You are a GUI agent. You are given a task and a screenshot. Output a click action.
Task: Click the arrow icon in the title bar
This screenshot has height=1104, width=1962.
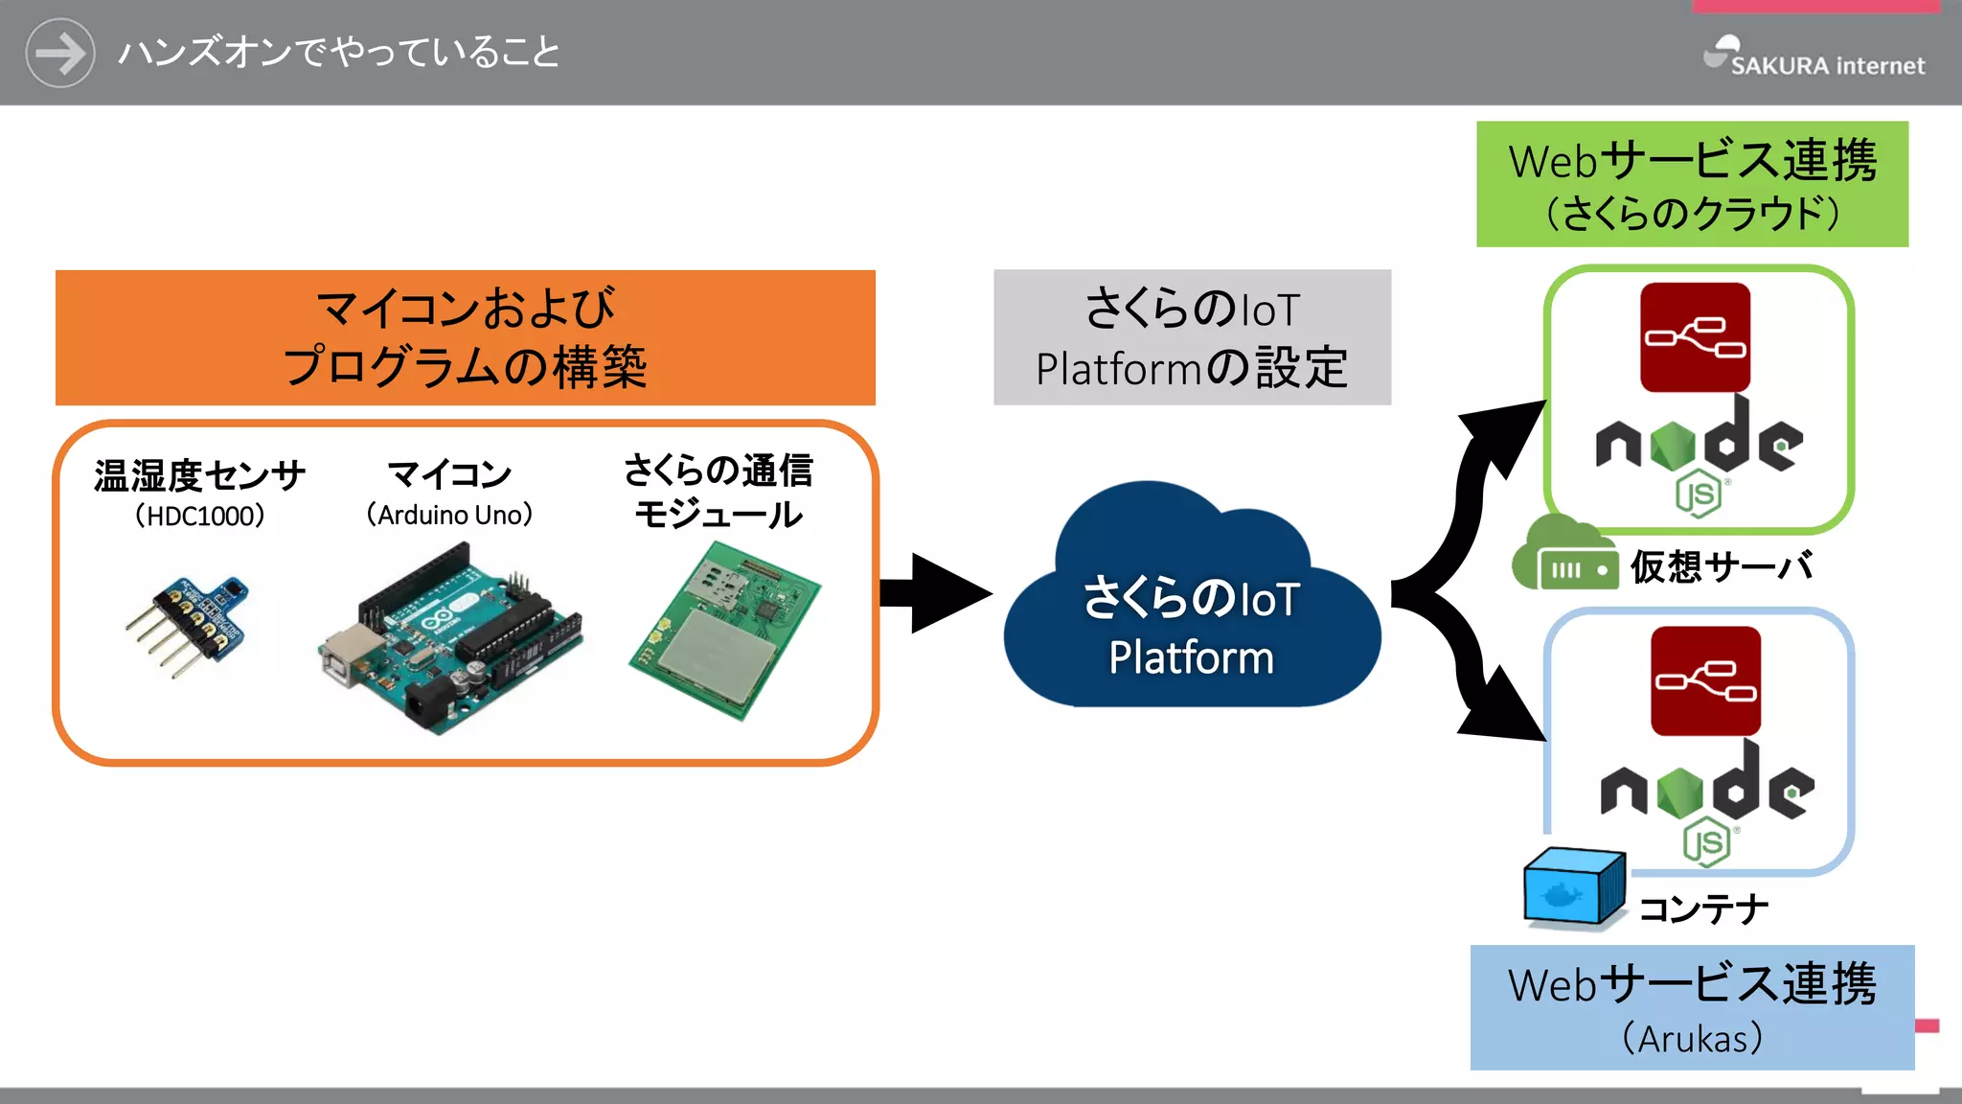[x=59, y=53]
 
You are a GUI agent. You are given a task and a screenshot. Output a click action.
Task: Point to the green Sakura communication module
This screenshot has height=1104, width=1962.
[x=725, y=631]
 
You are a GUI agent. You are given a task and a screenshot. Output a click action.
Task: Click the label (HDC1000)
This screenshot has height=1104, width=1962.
[x=199, y=517]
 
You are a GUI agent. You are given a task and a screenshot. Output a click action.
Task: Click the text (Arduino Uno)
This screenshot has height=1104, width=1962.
[x=449, y=515]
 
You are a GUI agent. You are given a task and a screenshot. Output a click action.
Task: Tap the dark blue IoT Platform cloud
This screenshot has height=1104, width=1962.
[x=1191, y=613]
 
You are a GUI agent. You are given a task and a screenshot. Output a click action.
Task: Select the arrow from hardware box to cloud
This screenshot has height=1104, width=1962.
[x=934, y=593]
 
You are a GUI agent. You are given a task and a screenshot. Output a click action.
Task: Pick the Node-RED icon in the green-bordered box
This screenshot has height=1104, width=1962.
[x=1695, y=337]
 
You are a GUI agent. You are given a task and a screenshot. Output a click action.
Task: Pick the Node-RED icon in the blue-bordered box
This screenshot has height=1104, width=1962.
[x=1705, y=681]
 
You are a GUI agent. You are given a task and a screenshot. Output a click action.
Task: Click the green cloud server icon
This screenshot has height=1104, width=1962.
[x=1563, y=556]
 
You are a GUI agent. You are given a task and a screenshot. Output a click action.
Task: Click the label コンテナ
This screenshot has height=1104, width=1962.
[x=1702, y=908]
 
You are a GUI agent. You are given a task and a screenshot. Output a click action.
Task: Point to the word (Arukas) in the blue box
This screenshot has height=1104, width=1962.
[x=1692, y=1039]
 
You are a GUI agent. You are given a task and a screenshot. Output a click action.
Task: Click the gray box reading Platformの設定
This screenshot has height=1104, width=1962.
[x=1192, y=337]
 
